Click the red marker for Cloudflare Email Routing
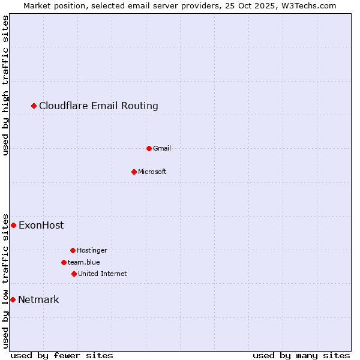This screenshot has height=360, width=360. [x=34, y=106]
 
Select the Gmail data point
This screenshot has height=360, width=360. [x=149, y=148]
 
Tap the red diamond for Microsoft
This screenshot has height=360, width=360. [x=134, y=172]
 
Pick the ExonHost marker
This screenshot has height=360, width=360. [x=13, y=225]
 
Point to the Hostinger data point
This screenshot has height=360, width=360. [x=73, y=250]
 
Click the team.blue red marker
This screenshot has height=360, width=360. [x=64, y=262]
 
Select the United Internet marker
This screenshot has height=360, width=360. [x=74, y=274]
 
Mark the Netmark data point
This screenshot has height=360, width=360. [x=13, y=299]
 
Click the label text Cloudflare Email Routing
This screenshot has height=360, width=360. [x=98, y=106]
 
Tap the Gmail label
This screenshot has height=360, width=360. [x=162, y=148]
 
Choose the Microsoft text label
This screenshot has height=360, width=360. [x=152, y=172]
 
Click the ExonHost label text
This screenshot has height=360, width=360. [x=41, y=226]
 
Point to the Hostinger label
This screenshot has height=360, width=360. [x=92, y=250]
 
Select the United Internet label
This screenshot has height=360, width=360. [x=102, y=274]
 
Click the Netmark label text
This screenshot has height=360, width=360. [x=38, y=300]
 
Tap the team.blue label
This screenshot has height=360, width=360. [x=84, y=262]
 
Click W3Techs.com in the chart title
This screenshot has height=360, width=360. [x=308, y=5]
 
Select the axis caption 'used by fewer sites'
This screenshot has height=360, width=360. [x=62, y=355]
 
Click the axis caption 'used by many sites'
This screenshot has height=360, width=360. [x=301, y=355]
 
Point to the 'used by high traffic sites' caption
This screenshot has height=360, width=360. [x=5, y=86]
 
